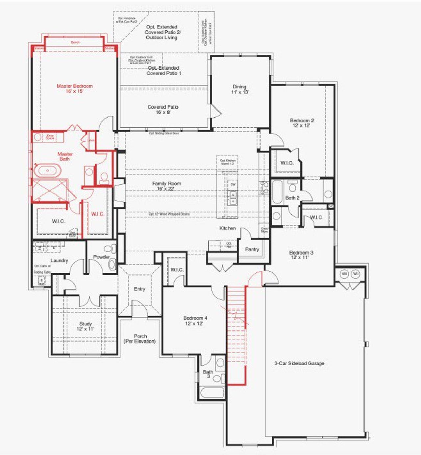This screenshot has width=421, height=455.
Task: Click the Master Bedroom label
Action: coord(75,88)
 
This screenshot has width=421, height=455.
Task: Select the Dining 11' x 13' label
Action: coord(239,89)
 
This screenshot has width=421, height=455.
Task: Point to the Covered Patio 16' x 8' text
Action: coord(163,109)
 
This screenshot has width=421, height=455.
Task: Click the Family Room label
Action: coord(166,186)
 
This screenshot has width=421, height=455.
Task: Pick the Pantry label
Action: coord(252,249)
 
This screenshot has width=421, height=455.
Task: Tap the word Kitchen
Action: coord(228,228)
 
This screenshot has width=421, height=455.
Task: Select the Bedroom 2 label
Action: coord(302,123)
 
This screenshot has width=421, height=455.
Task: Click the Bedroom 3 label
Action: coord(301,255)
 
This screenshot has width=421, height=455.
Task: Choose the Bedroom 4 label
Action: coord(195,320)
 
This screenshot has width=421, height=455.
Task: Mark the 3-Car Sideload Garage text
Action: coord(299,363)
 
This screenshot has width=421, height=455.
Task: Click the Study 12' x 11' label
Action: coord(86,326)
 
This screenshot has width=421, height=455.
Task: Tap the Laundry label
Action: coord(59,261)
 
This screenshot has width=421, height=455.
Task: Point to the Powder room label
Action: coord(101,257)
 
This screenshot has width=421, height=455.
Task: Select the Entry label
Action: coord(139,289)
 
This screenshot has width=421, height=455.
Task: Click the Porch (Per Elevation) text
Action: coord(140,339)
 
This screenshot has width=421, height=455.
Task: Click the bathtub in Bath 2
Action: coord(277,192)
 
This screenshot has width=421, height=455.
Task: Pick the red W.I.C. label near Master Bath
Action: coord(98,214)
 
